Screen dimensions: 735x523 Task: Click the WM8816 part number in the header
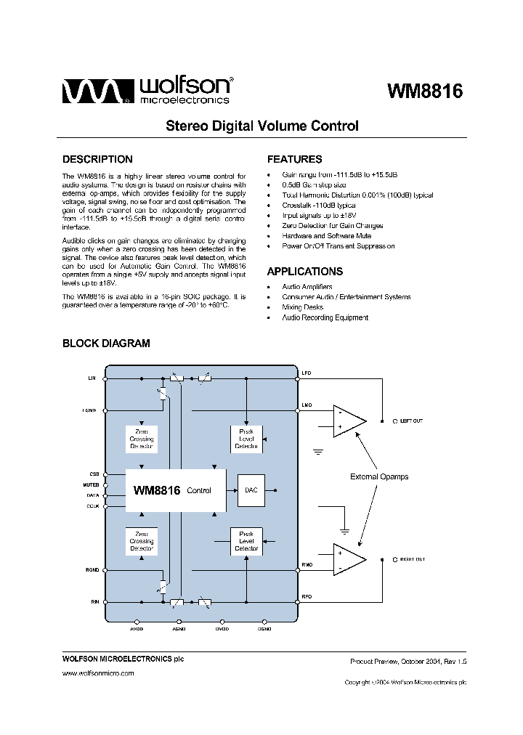(x=425, y=92)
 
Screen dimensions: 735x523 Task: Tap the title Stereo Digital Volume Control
(x=262, y=126)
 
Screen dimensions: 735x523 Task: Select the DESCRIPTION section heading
(x=97, y=159)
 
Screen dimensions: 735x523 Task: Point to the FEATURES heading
(x=294, y=159)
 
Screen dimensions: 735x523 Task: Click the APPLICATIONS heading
(x=305, y=272)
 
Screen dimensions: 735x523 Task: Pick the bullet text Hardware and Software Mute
(x=326, y=236)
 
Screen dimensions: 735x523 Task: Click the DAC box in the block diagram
(x=251, y=490)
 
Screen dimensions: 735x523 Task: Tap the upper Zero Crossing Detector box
(x=142, y=439)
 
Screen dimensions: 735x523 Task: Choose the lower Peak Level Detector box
(x=247, y=541)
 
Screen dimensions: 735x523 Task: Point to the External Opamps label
(x=379, y=476)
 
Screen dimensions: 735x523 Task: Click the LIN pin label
(x=92, y=378)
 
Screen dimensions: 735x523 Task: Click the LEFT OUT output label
(x=410, y=421)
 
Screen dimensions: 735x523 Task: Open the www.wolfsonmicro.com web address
(x=98, y=674)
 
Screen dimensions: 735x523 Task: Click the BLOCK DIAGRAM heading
(x=106, y=344)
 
